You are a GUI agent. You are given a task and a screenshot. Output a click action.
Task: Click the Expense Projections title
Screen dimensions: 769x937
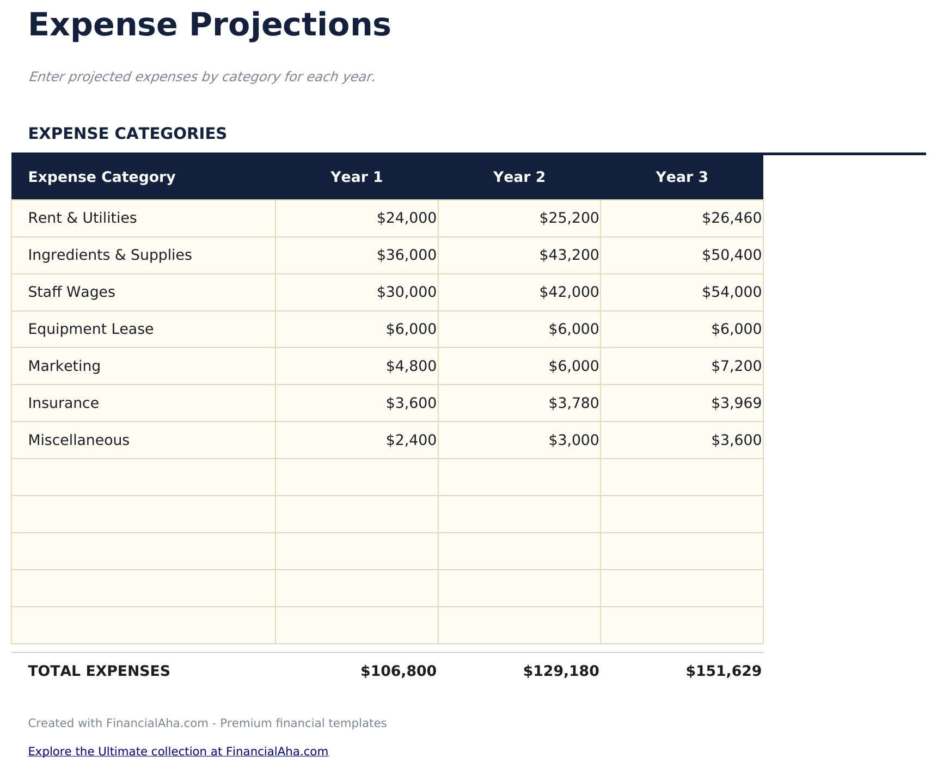(x=209, y=26)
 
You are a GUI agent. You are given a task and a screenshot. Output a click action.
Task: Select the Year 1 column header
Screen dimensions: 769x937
(x=357, y=177)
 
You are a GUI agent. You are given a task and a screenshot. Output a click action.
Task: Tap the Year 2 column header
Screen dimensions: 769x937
(x=519, y=177)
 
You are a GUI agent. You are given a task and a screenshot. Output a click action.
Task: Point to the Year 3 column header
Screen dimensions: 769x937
(x=682, y=177)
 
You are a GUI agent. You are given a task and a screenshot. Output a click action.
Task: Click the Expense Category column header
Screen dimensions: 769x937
(x=102, y=177)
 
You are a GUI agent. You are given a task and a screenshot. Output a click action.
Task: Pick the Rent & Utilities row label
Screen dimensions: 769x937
(x=82, y=218)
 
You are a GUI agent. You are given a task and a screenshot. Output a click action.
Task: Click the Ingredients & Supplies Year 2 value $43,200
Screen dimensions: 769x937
(x=569, y=255)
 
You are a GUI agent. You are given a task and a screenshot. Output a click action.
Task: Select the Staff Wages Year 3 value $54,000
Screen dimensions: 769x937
(x=731, y=292)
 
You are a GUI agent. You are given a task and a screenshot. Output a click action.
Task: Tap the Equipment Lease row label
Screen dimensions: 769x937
(x=91, y=329)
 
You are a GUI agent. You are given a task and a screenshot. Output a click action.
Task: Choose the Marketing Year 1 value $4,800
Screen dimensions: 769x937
(x=411, y=366)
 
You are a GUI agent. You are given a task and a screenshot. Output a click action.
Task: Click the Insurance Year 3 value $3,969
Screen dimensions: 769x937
(x=736, y=403)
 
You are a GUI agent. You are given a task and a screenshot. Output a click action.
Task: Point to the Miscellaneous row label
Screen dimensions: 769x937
(x=79, y=440)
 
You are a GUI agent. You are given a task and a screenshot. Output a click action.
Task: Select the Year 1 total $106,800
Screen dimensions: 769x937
(x=399, y=671)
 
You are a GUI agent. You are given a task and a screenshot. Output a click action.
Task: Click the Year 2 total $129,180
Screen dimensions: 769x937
(x=561, y=671)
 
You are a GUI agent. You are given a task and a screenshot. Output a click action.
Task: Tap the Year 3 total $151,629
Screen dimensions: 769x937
(x=724, y=671)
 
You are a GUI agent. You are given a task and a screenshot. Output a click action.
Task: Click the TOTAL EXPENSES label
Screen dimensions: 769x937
(x=99, y=671)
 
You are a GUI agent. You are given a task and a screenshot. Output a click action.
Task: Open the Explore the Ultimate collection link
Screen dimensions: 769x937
(x=178, y=752)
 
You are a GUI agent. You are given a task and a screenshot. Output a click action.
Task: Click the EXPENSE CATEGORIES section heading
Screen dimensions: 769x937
(x=127, y=133)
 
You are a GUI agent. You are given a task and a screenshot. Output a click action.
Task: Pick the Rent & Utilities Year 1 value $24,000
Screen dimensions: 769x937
(x=406, y=218)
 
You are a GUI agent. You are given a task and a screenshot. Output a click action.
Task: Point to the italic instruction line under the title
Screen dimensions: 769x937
(x=201, y=77)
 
